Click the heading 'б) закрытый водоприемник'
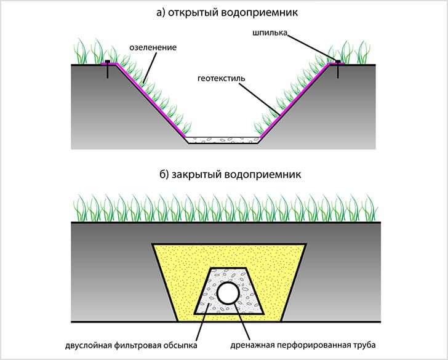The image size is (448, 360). (224, 174)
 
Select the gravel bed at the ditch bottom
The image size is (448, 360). (223, 140)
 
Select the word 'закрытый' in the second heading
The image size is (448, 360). (197, 174)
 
